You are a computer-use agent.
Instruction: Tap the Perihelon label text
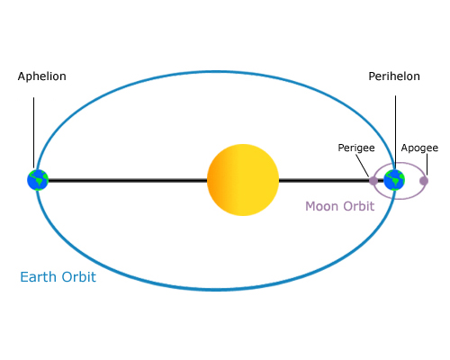tap(393, 77)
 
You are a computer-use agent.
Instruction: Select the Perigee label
tap(355, 147)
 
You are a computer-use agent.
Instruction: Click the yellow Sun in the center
tap(243, 180)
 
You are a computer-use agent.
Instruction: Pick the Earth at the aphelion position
tap(37, 180)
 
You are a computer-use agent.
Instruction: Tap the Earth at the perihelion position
tap(394, 180)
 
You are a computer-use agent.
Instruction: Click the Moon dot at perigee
tap(373, 180)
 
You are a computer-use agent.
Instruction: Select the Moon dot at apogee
tap(424, 180)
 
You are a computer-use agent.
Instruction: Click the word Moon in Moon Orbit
tap(321, 206)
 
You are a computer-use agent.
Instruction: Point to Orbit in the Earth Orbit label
tap(79, 277)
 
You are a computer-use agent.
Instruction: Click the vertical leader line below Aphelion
tap(34, 126)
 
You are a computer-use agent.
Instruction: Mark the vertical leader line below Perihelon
tap(395, 126)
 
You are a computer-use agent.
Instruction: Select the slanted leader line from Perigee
tap(365, 165)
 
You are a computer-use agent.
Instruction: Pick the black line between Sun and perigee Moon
tap(324, 180)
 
